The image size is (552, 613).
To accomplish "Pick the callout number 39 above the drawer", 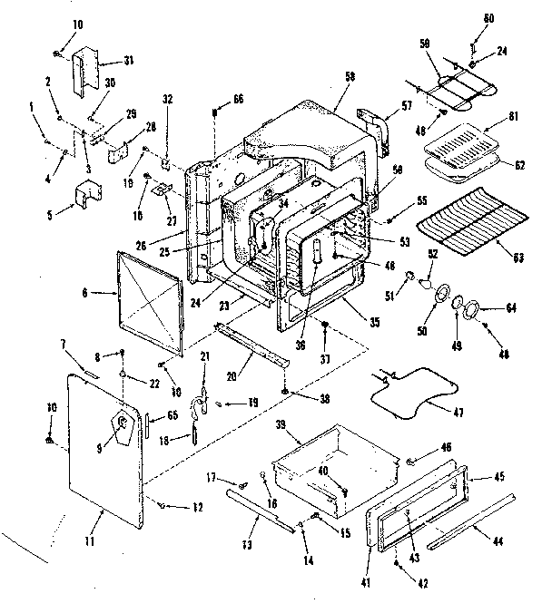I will point(281,425).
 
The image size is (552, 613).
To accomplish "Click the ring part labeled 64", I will point(472,313).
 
